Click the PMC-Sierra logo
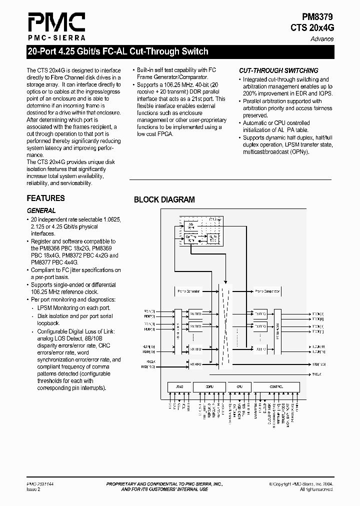click(56, 26)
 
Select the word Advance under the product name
click(322, 39)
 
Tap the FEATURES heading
click(45, 198)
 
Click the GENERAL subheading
click(41, 211)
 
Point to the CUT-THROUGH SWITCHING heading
click(278, 71)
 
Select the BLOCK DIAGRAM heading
click(164, 200)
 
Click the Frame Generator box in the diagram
click(188, 290)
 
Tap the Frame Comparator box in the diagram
click(267, 290)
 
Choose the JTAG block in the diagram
click(180, 386)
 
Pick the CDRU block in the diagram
click(209, 386)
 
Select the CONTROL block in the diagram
click(276, 386)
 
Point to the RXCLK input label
click(150, 361)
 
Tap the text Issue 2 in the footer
click(33, 489)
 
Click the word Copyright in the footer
click(286, 484)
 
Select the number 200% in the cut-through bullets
click(251, 93)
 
